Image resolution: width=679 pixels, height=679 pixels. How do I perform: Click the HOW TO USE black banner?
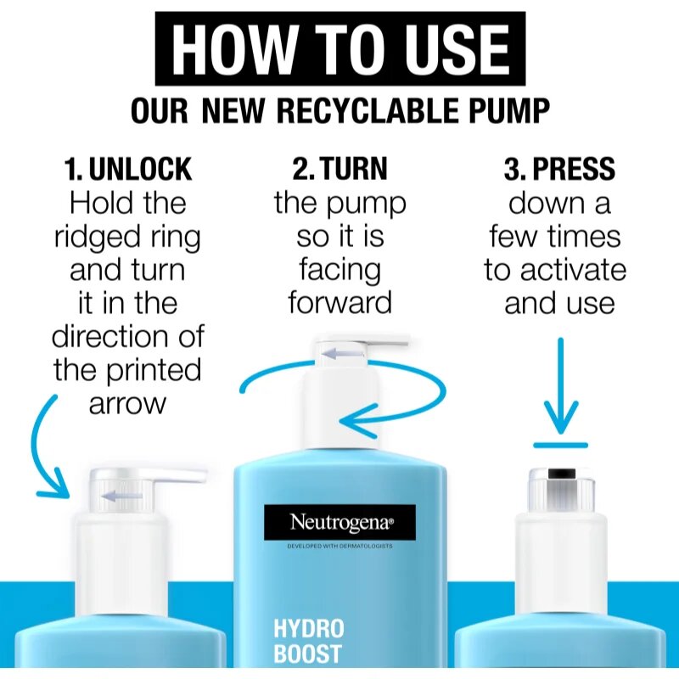[340, 48]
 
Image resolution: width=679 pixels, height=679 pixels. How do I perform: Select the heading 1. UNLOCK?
[128, 168]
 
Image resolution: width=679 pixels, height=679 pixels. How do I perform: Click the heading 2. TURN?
[340, 168]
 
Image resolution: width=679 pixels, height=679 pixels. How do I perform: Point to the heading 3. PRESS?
[559, 168]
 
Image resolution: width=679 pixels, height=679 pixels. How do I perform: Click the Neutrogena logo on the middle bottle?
[340, 522]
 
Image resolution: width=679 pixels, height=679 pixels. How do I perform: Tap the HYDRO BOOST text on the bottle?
[308, 641]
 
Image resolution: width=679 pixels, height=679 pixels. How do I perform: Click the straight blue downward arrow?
[561, 385]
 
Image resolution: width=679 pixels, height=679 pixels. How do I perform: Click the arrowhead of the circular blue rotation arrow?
[357, 420]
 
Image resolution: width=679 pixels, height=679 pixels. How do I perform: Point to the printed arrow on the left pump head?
[122, 496]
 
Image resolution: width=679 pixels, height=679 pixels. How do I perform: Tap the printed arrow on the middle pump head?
[343, 354]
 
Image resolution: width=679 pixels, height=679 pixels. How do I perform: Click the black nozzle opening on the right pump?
[561, 474]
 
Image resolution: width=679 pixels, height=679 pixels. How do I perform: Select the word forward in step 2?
[340, 303]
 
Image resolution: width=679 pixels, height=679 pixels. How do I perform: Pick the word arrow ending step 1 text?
[128, 405]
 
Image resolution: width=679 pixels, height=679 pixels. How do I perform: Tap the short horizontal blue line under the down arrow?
[560, 445]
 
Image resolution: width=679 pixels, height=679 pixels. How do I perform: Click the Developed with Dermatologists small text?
[340, 546]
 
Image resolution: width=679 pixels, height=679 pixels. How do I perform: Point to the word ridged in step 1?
[98, 238]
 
